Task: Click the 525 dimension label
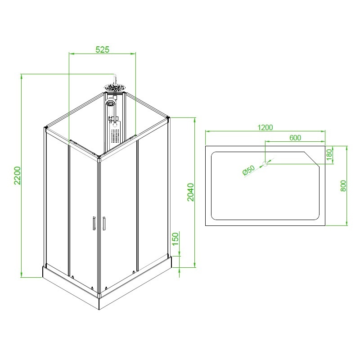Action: (x=103, y=49)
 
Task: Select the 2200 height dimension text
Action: (x=18, y=175)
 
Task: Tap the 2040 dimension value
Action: (x=190, y=192)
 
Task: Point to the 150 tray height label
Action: (x=175, y=239)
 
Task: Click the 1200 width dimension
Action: (x=265, y=127)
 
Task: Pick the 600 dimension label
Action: (x=295, y=138)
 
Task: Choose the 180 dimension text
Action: (x=329, y=154)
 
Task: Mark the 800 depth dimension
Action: (x=343, y=186)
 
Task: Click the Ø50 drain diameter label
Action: (x=249, y=170)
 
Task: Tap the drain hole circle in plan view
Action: (x=265, y=164)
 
